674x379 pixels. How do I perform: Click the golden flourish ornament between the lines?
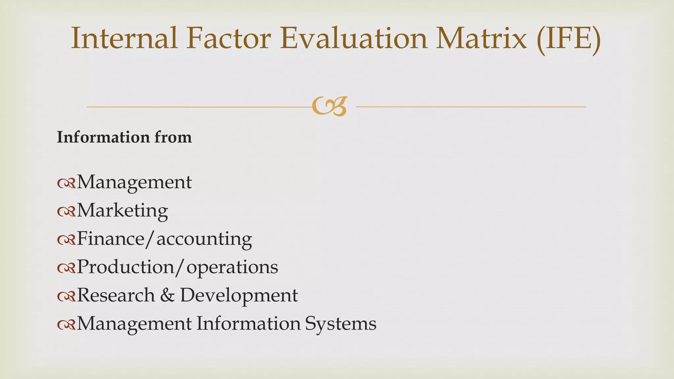coord(329,107)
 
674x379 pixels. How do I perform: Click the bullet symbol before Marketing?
coord(66,212)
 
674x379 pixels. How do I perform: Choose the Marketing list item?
coord(122,210)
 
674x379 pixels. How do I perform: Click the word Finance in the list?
coord(111,239)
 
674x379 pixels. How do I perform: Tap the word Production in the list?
coord(125,267)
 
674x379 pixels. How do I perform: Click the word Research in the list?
coord(116,295)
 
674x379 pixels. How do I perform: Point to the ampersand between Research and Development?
coord(168,295)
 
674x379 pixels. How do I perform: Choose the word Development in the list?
coord(239,295)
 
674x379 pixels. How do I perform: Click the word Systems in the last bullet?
coord(341,324)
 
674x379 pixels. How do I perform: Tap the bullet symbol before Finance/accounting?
coord(66,240)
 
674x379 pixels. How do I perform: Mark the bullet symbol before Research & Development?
coord(66,296)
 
